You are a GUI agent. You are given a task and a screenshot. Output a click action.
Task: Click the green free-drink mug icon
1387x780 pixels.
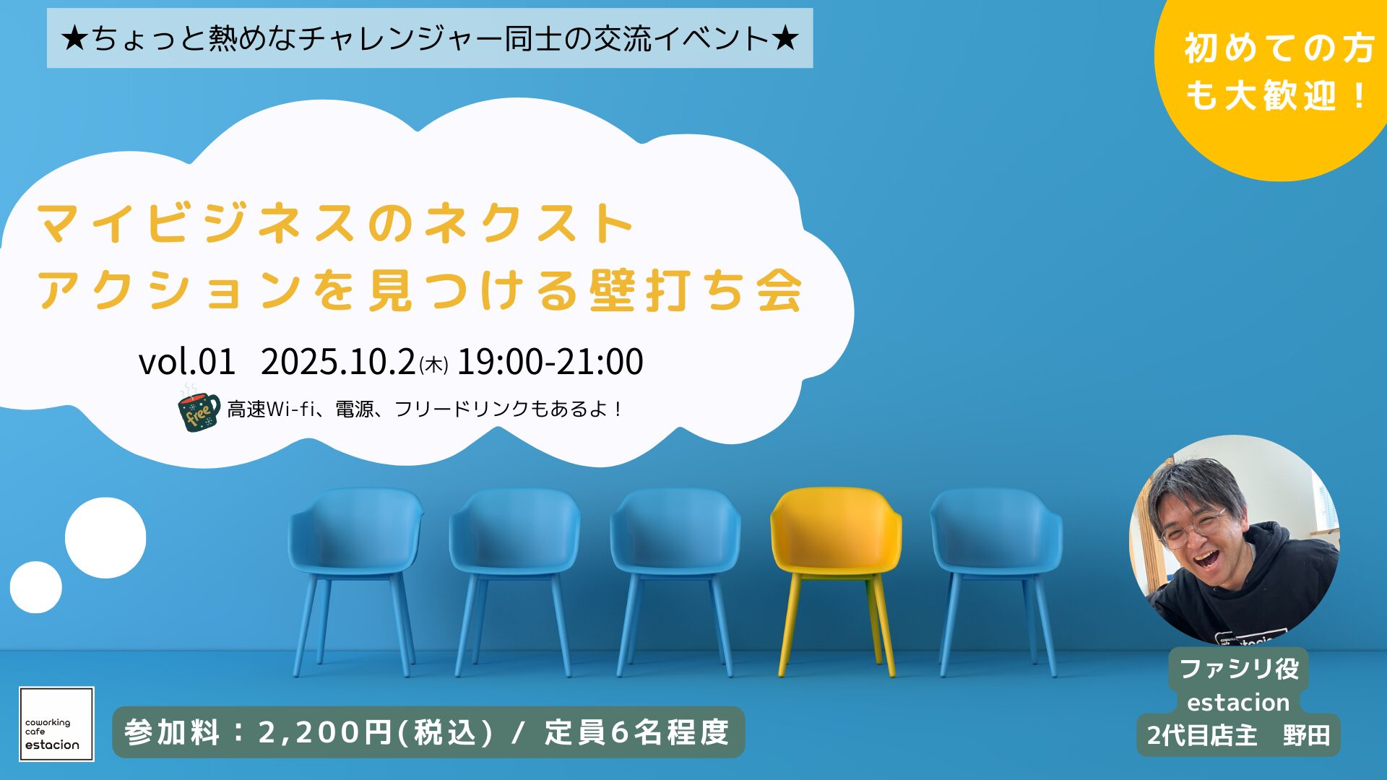tap(199, 409)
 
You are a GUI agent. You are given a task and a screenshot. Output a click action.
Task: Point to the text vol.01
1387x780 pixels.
tap(187, 361)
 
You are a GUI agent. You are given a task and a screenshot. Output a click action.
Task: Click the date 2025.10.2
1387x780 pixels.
tap(338, 361)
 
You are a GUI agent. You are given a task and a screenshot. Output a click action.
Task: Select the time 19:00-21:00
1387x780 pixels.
tap(550, 361)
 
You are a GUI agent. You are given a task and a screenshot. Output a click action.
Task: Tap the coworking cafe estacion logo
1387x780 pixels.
tap(56, 724)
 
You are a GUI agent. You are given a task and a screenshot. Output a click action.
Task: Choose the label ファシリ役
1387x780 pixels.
tap(1239, 668)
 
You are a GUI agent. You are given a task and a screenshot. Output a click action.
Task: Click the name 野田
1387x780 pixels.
tap(1307, 735)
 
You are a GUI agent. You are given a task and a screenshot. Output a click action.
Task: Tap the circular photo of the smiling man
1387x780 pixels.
tap(1235, 539)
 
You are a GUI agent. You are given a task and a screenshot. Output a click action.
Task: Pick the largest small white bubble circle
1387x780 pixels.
tap(105, 538)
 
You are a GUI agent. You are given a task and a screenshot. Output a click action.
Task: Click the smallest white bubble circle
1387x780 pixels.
tap(36, 587)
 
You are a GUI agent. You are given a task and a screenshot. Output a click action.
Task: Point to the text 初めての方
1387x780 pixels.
tap(1279, 49)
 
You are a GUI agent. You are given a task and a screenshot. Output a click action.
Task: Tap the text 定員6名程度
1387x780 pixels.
tap(637, 732)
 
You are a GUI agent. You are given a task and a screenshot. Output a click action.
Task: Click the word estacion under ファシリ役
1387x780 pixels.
tap(1238, 702)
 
